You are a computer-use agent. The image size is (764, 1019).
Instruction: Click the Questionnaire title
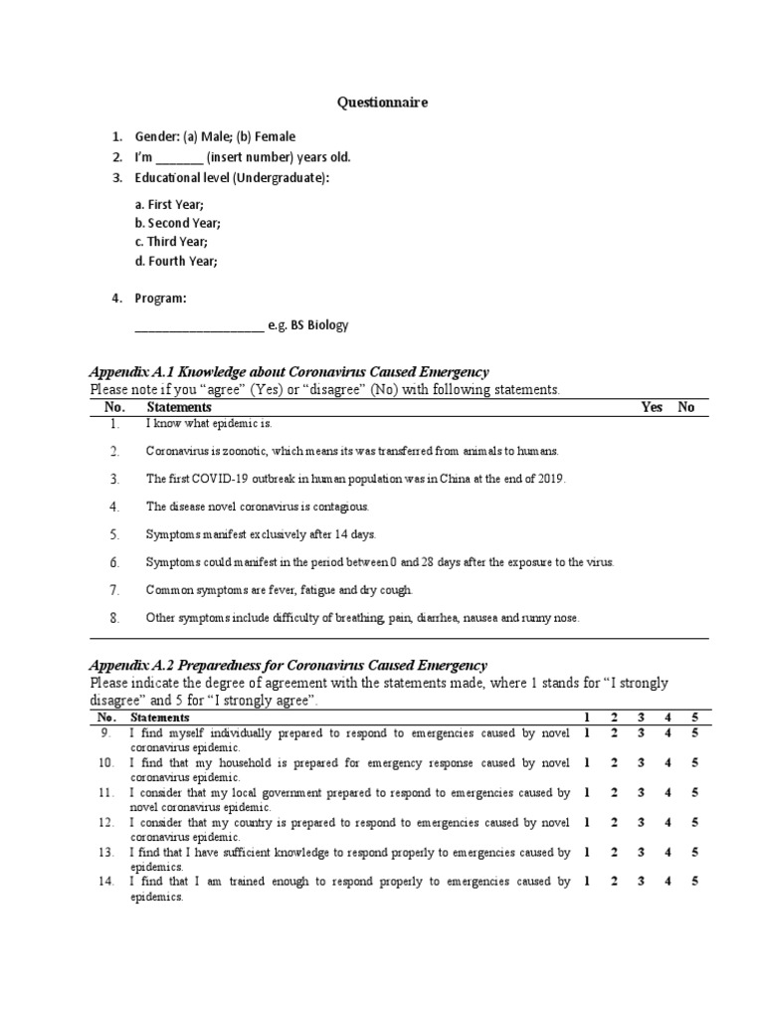click(x=382, y=102)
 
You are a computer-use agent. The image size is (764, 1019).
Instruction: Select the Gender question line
click(x=215, y=137)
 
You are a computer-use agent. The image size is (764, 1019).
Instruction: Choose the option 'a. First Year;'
click(x=169, y=204)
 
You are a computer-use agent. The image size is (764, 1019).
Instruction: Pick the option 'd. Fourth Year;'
click(x=175, y=261)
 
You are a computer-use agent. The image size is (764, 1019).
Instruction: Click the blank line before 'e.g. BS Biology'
click(x=198, y=325)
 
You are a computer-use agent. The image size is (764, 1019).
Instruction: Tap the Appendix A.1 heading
click(x=288, y=371)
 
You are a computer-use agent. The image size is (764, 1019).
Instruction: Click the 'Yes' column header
click(x=652, y=407)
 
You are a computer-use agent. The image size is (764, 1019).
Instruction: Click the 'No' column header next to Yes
click(x=686, y=407)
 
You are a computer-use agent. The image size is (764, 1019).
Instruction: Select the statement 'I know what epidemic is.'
click(x=208, y=424)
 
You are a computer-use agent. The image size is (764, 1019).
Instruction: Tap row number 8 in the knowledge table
click(x=115, y=618)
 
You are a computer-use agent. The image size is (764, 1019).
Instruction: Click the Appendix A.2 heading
click(x=287, y=664)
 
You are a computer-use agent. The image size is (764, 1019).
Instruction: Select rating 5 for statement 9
click(x=695, y=733)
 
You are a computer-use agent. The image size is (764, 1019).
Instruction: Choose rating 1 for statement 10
click(x=587, y=763)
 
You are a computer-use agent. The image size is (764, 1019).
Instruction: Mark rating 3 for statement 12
click(x=641, y=823)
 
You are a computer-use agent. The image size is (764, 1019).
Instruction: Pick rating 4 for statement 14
click(x=668, y=882)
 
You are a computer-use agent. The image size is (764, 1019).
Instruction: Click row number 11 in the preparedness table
click(x=106, y=793)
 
